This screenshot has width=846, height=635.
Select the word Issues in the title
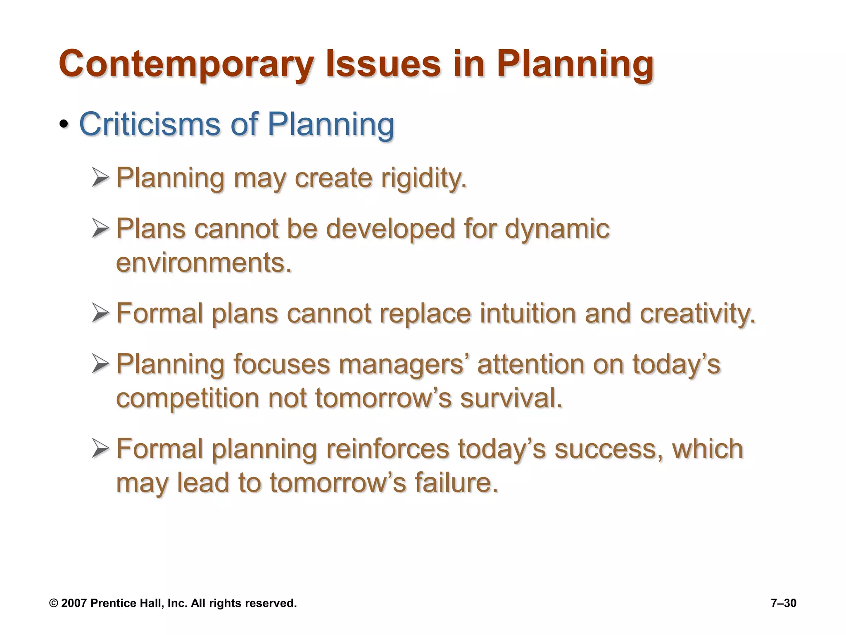tap(383, 64)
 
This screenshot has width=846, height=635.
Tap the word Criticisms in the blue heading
tap(150, 124)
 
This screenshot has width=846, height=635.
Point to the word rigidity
tap(424, 179)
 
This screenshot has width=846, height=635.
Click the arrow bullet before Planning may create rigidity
tap(100, 177)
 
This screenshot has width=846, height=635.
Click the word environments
tap(204, 263)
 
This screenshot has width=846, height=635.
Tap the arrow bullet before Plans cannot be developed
tap(100, 228)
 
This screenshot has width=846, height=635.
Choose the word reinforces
tap(387, 449)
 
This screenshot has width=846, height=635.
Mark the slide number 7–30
tap(783, 603)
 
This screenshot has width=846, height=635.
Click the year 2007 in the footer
tap(74, 603)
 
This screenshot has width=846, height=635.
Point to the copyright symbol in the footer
tap(54, 603)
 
